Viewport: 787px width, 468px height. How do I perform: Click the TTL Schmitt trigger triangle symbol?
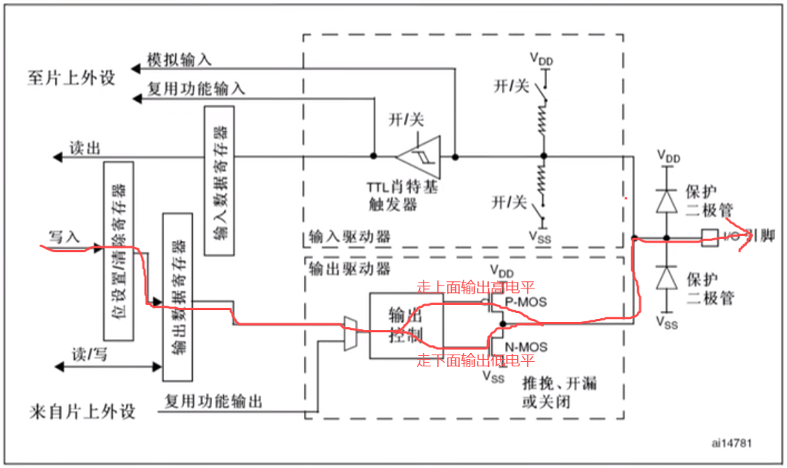coord(418,156)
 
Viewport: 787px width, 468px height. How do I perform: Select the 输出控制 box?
coord(406,325)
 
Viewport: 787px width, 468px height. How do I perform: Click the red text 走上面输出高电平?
coord(475,286)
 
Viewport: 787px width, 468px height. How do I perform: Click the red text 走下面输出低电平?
coord(475,361)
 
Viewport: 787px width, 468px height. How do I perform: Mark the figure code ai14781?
coord(731,443)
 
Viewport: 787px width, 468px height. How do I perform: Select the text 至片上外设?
coord(73,76)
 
